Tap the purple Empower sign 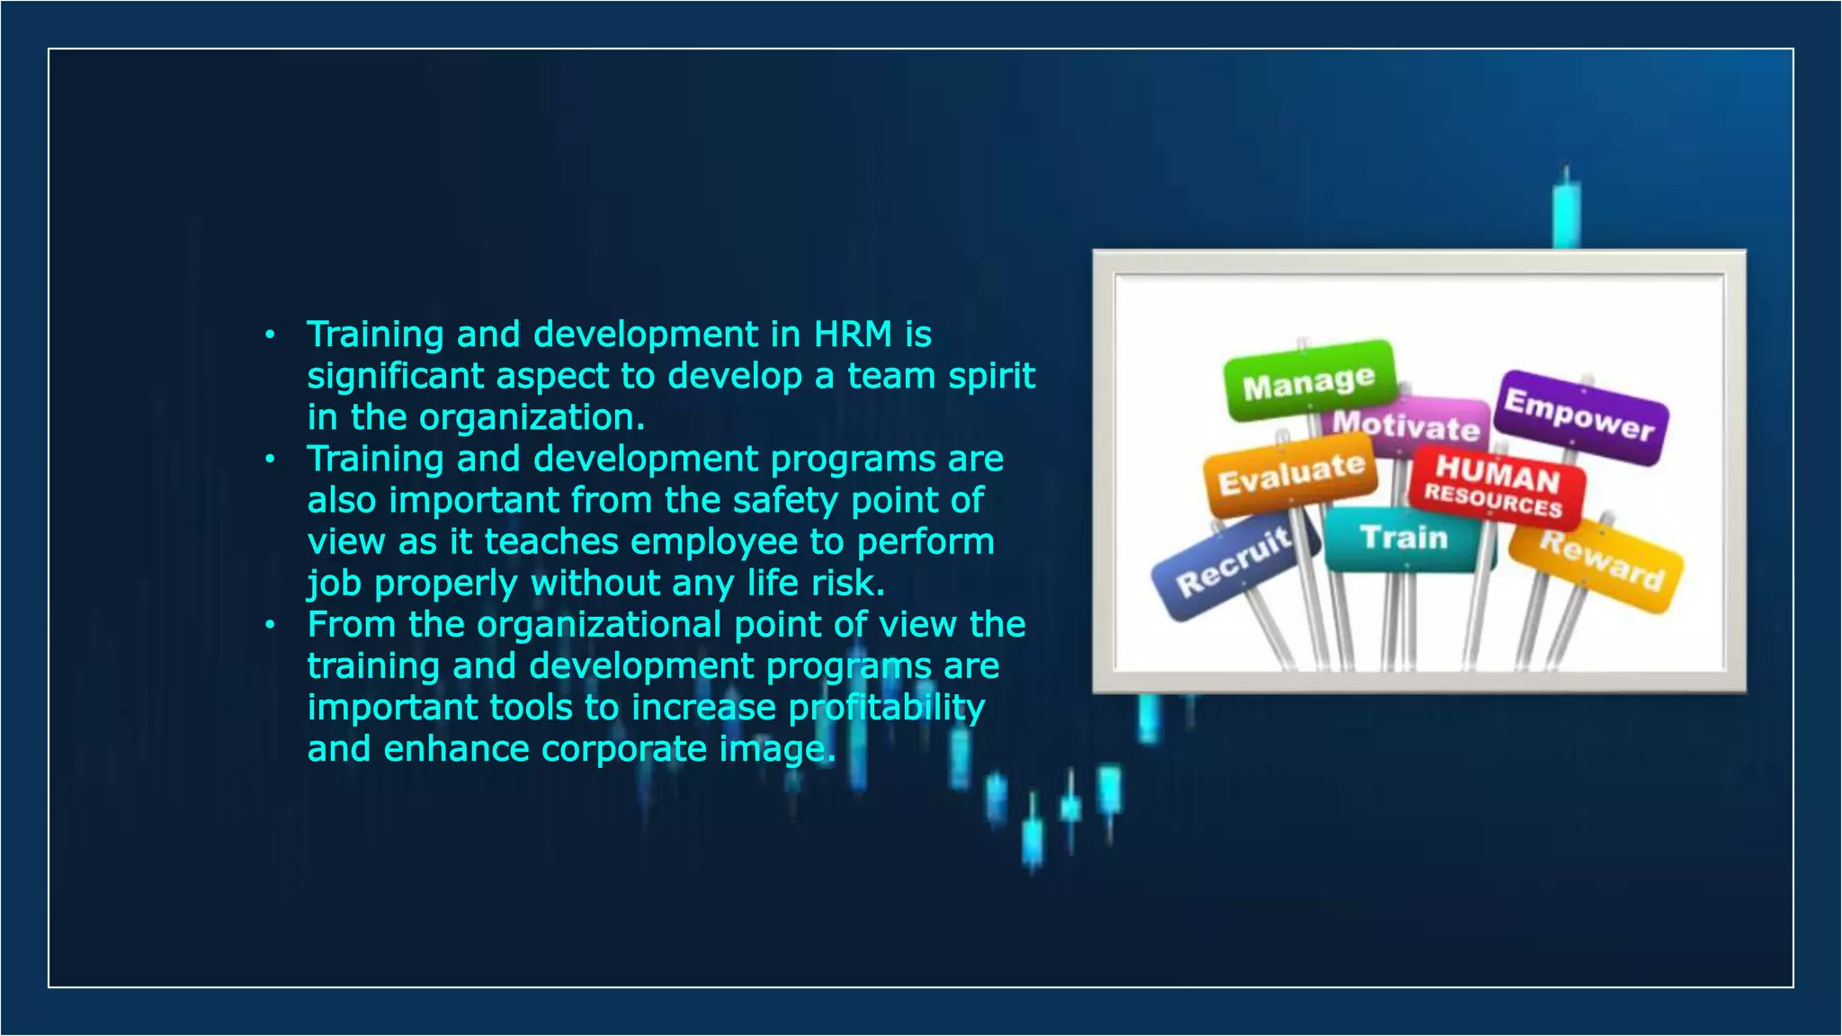click(1580, 416)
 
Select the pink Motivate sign click(1407, 425)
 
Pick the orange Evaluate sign click(1291, 475)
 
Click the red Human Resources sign click(1496, 487)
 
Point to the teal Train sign click(1403, 538)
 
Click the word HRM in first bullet click(853, 335)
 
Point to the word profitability click(886, 708)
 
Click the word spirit click(992, 376)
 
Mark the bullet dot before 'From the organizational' click(269, 624)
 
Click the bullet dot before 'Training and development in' click(269, 336)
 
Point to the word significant click(396, 376)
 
